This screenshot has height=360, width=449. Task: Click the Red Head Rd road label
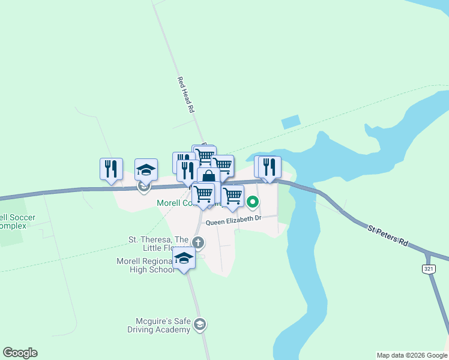pyautogui.click(x=185, y=95)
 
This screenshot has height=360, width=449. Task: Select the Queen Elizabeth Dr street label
pyautogui.click(x=234, y=221)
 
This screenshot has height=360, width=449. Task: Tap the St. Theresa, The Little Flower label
pyautogui.click(x=158, y=243)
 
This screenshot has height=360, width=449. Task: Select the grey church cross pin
pyautogui.click(x=199, y=243)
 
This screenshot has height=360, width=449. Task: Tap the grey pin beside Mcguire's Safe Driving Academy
pyautogui.click(x=200, y=325)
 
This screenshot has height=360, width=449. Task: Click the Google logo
pyautogui.click(x=20, y=353)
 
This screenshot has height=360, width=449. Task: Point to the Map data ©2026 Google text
pyautogui.click(x=412, y=355)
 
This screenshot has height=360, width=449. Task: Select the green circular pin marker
pyautogui.click(x=253, y=203)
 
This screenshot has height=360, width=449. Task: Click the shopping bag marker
pyautogui.click(x=208, y=178)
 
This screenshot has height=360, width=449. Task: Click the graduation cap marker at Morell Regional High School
pyautogui.click(x=184, y=258)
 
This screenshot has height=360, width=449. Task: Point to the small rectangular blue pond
pyautogui.click(x=291, y=121)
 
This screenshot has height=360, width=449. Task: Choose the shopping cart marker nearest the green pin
pyautogui.click(x=232, y=195)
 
